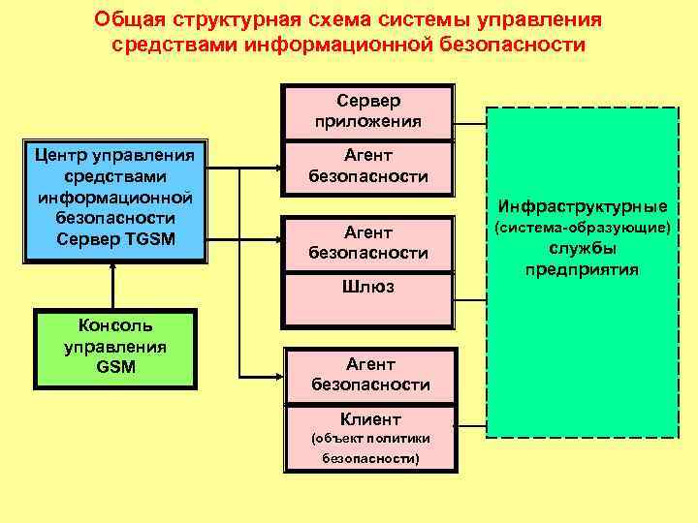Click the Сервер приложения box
367,112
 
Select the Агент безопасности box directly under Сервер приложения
367,166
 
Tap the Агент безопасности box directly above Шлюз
367,242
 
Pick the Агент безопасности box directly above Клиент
370,375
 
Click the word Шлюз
368,288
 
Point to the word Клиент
370,419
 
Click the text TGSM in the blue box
151,239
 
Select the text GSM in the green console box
115,367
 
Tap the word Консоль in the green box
115,325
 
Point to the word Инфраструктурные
582,206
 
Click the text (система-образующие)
582,229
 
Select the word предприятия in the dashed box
582,269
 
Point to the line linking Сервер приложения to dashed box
470,124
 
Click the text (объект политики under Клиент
370,440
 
